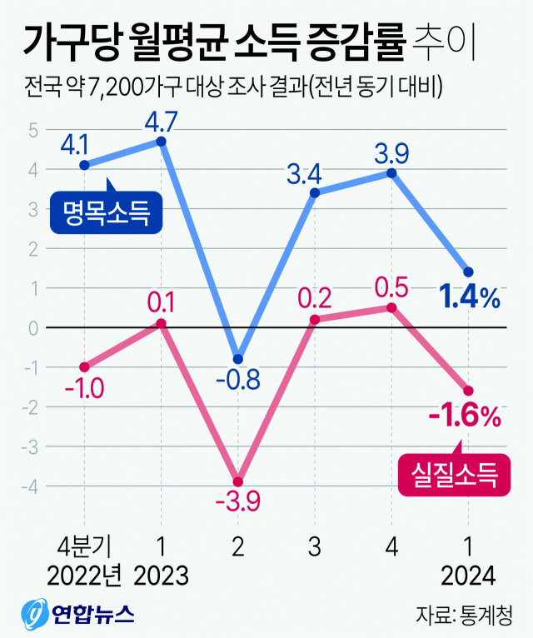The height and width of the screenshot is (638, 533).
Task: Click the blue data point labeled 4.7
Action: point(161,142)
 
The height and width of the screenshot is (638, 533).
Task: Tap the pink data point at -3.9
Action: point(238,481)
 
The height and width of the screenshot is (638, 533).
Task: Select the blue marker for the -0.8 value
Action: point(238,359)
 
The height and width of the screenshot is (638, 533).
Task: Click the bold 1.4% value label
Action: point(470,297)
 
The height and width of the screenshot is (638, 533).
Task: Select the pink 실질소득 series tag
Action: point(454,476)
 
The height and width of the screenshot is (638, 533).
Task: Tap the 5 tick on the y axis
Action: point(33,130)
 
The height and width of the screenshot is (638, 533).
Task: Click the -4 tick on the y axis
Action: point(32,485)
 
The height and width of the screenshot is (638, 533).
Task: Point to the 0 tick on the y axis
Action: point(33,327)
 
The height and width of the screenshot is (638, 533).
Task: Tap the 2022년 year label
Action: point(84,576)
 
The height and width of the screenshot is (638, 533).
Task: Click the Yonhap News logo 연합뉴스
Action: point(79,615)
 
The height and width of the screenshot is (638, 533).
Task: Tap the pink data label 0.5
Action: point(391,288)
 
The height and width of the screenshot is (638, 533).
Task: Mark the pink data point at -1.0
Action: point(84,366)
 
